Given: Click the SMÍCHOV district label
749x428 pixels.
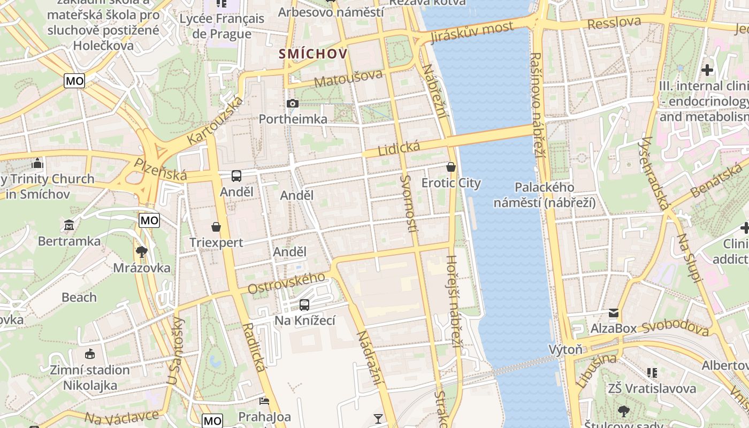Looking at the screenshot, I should tap(313, 53).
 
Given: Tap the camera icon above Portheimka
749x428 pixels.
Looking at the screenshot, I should tap(292, 103).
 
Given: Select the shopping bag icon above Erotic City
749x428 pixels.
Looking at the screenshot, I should tap(451, 167).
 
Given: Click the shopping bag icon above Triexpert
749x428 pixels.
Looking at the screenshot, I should tap(216, 227).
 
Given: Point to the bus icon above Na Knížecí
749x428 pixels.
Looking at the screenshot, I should tap(304, 305).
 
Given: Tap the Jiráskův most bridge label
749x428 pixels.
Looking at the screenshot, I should tap(472, 33).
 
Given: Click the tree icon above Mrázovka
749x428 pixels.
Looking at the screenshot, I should tap(142, 251).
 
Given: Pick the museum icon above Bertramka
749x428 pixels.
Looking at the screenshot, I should tap(69, 225).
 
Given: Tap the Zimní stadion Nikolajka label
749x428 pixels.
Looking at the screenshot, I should tap(90, 377).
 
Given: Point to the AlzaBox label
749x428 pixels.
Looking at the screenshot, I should tap(614, 328).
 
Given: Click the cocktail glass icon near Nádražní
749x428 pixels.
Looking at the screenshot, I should tap(378, 418).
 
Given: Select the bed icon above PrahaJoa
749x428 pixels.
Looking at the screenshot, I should tap(264, 401).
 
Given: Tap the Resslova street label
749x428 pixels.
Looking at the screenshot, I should tap(614, 23).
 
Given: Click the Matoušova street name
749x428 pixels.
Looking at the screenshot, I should tap(348, 78).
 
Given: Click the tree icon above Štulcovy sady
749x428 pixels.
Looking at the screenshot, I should tap(623, 411).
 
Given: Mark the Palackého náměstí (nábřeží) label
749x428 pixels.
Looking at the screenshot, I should tap(544, 195).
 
